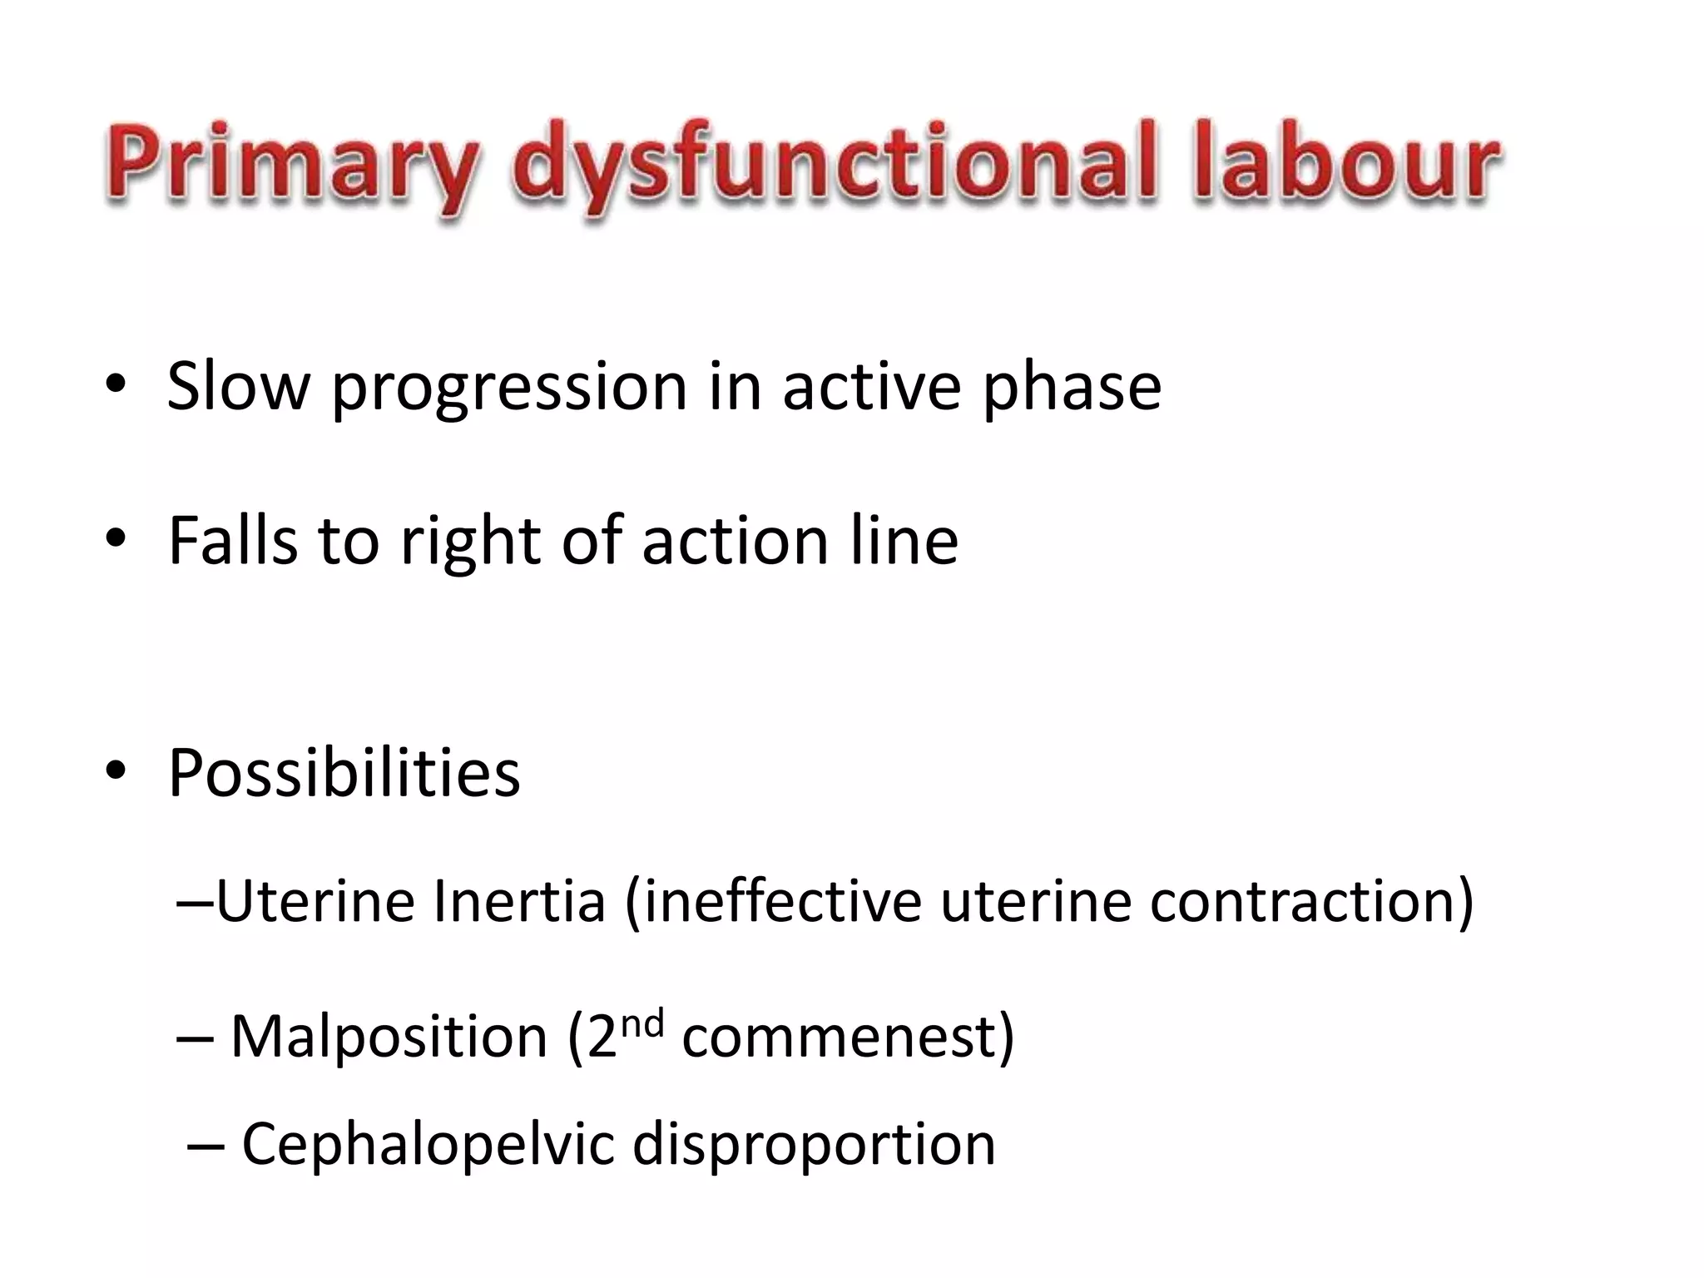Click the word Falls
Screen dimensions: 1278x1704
[x=232, y=540]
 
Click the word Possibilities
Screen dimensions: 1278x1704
[x=344, y=773]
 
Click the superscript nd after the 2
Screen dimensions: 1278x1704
[x=642, y=1023]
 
